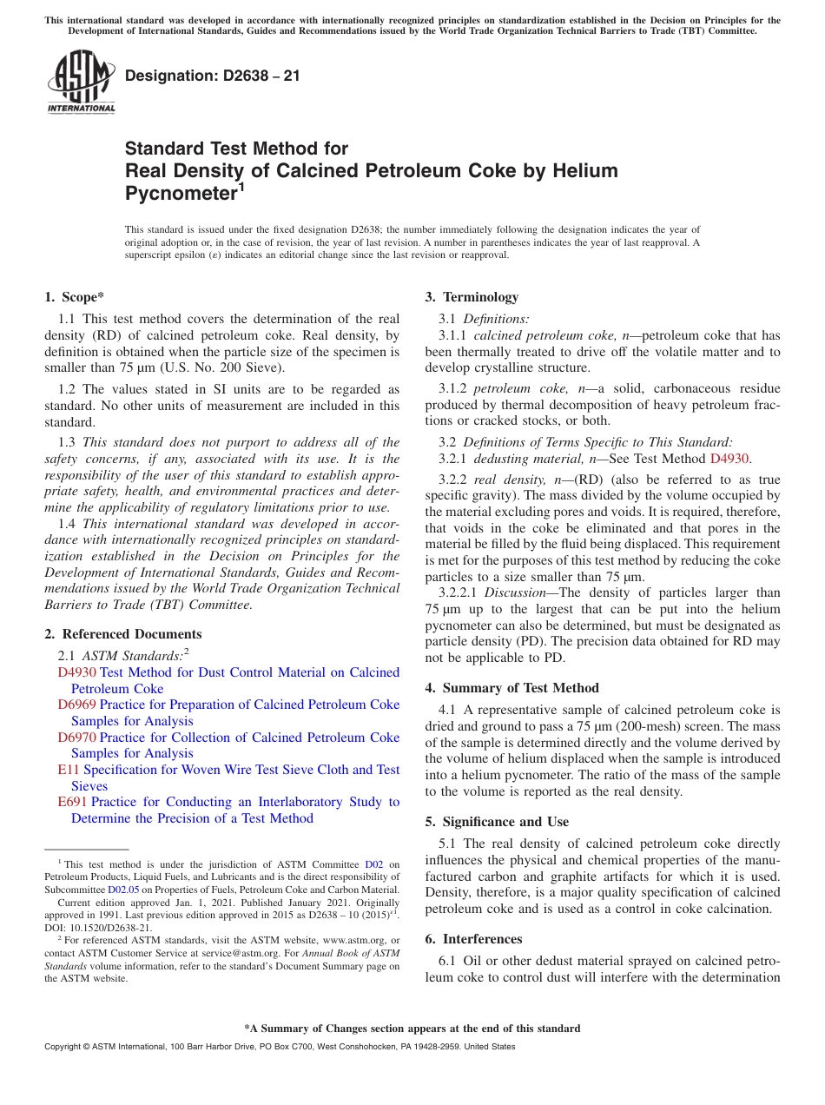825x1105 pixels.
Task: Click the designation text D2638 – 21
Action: (212, 76)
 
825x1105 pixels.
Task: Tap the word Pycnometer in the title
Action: (181, 193)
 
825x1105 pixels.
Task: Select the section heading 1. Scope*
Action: (74, 297)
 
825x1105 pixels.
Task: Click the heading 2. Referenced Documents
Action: (122, 634)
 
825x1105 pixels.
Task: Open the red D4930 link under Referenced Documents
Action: (76, 672)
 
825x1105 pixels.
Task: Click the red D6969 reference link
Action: (76, 705)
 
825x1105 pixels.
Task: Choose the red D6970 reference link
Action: (76, 738)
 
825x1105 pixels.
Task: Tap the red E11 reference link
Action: (69, 770)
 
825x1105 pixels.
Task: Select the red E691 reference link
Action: (72, 802)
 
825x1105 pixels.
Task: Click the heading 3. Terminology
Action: (472, 297)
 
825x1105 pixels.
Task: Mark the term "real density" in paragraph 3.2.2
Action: (502, 480)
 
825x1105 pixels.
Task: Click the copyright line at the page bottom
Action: (279, 1047)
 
